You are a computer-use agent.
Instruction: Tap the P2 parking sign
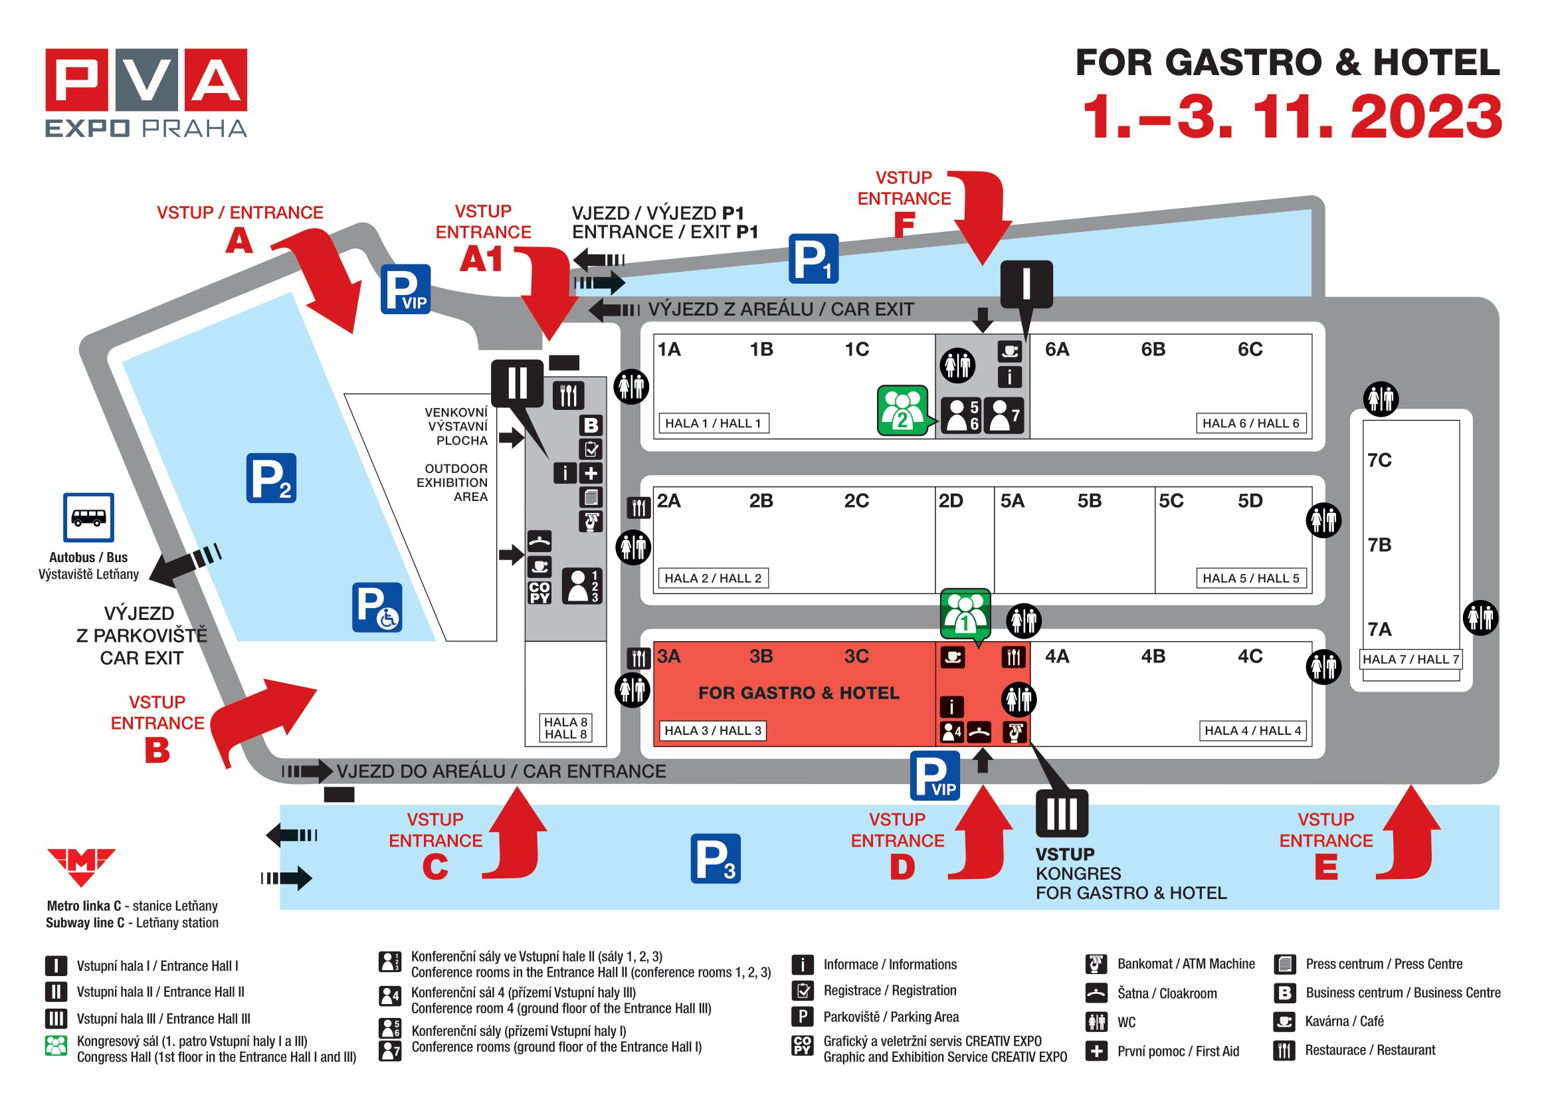[x=270, y=478]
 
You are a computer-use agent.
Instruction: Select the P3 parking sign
[x=716, y=858]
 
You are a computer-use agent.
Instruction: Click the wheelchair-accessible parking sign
[x=377, y=608]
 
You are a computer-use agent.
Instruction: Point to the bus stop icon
[x=88, y=518]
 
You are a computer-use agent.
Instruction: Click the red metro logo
[x=81, y=867]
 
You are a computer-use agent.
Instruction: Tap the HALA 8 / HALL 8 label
[x=566, y=728]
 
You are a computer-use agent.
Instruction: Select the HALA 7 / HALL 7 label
[x=1410, y=659]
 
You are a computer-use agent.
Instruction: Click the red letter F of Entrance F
[x=904, y=225]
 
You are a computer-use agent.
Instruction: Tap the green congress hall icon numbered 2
[x=902, y=410]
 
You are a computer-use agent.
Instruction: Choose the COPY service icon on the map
[x=539, y=592]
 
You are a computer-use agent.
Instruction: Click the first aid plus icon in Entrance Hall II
[x=591, y=473]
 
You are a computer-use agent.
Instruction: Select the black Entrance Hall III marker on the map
[x=1062, y=813]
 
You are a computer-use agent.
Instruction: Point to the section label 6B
[x=1153, y=350]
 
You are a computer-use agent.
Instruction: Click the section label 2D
[x=950, y=501]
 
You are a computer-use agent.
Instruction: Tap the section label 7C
[x=1379, y=460]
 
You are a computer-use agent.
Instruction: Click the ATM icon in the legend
[x=1096, y=963]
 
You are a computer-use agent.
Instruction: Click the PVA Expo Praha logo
[x=146, y=94]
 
